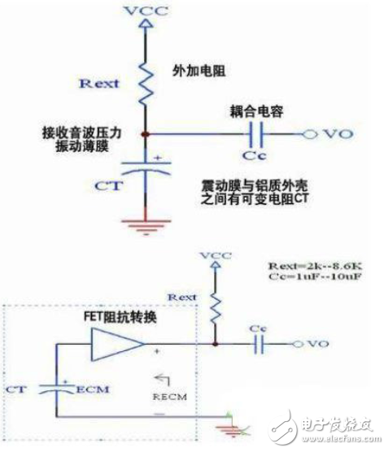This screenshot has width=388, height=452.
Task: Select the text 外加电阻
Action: [197, 71]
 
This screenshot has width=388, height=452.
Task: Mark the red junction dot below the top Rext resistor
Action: [146, 134]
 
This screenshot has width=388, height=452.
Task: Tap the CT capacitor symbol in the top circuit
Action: [146, 171]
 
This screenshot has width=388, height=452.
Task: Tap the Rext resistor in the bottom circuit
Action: [216, 304]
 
